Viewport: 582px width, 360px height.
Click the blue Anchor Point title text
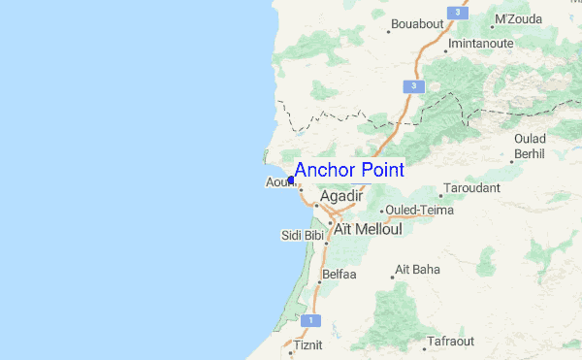[349, 170]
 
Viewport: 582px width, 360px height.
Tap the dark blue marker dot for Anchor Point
[291, 180]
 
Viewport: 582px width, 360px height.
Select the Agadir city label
[340, 196]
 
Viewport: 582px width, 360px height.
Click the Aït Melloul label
[368, 229]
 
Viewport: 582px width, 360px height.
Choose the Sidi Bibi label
[302, 235]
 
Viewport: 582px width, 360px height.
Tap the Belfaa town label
[340, 275]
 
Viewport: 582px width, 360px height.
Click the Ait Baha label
[418, 269]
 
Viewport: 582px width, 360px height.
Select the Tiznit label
[306, 344]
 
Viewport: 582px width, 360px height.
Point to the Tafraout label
[448, 343]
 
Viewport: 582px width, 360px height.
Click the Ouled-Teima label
[418, 209]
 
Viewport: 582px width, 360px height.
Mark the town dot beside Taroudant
[440, 195]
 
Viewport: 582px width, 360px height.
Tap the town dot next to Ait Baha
[392, 277]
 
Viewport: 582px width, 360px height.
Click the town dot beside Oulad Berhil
[513, 161]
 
